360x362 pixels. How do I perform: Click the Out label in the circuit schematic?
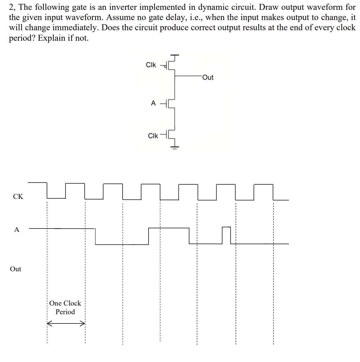pos(208,77)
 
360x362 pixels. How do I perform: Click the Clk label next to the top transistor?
pos(151,65)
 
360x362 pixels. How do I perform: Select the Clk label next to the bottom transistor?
pos(153,136)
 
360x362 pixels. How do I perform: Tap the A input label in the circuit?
pos(153,103)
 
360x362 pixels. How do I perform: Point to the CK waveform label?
pos(18,196)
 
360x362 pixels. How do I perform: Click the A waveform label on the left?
pos(17,230)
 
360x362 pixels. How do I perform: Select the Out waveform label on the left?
pos(15,269)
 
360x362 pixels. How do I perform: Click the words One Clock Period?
pos(65,307)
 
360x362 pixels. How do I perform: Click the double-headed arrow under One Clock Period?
pos(66,323)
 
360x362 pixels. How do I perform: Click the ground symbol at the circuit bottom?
pos(174,147)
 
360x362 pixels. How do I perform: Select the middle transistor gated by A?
pos(171,104)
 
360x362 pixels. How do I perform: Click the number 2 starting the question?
pos(11,7)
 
